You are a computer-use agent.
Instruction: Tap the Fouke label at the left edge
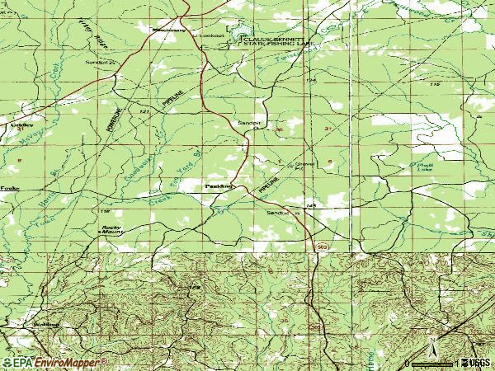click(x=10, y=189)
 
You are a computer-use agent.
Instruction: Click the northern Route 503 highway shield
click(x=318, y=246)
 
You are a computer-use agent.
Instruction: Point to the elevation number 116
click(x=436, y=86)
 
